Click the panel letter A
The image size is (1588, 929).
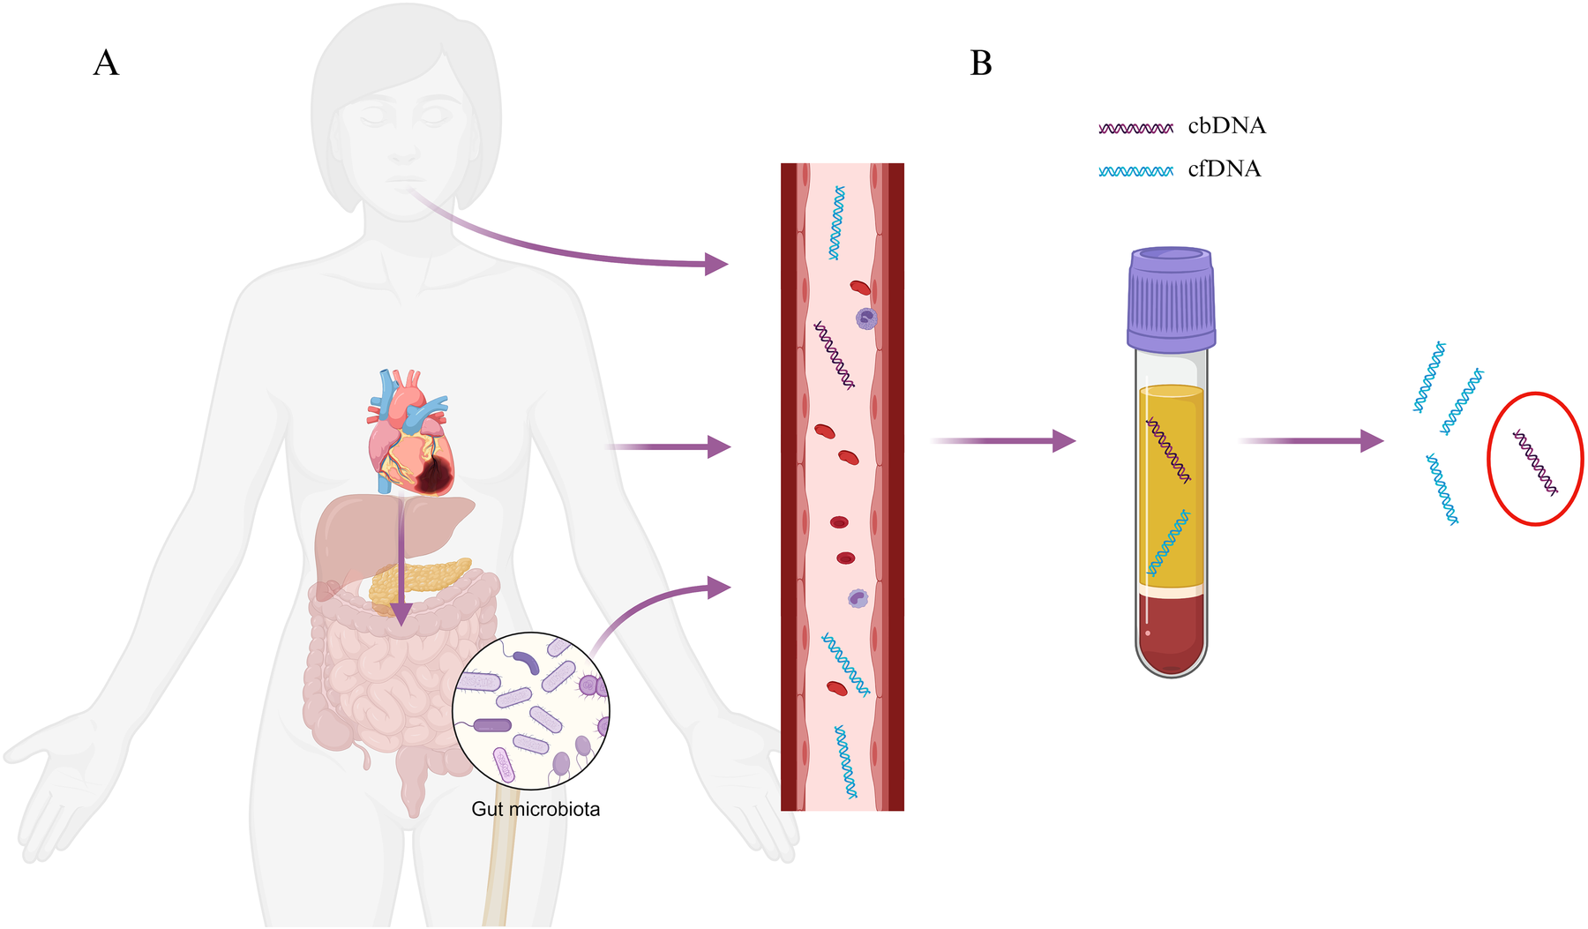click(106, 64)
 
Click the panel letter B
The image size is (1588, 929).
click(981, 64)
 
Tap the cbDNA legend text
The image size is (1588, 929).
click(1226, 126)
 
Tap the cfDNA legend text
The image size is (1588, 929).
click(1225, 169)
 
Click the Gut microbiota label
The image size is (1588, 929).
click(536, 809)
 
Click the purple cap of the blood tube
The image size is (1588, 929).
click(1171, 300)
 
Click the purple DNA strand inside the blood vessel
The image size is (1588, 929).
click(834, 356)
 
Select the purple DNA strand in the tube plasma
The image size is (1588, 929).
click(1168, 451)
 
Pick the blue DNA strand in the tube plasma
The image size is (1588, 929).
click(1168, 543)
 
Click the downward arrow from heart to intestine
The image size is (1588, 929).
click(401, 565)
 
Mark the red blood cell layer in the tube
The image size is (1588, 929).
click(1171, 631)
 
